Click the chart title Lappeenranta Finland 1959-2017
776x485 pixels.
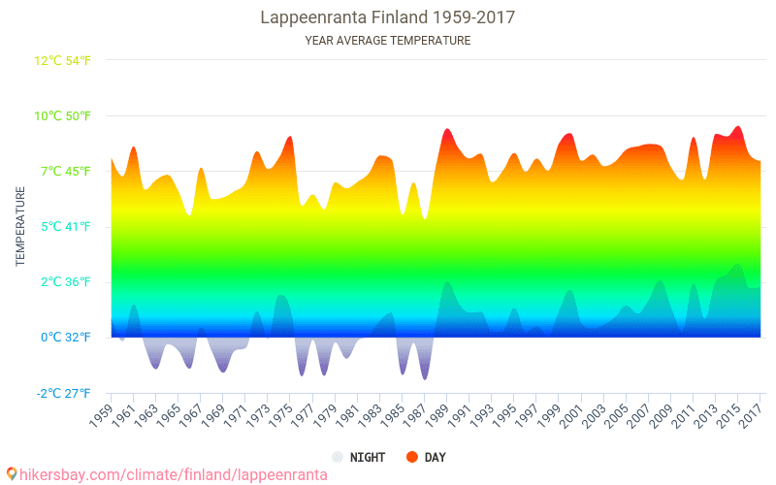tap(388, 17)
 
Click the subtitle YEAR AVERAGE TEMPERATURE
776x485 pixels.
tap(388, 41)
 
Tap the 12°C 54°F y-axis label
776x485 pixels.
tap(63, 60)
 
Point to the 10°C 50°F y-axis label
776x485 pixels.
tap(63, 116)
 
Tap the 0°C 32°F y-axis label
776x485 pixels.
tap(66, 338)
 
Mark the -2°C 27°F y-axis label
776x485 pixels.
tap(64, 393)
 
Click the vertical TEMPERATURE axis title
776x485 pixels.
tap(20, 227)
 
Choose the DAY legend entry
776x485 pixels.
tap(435, 457)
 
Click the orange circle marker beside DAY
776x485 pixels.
tap(411, 457)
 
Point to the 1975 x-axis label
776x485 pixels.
tap(276, 415)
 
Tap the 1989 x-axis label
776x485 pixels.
tap(432, 415)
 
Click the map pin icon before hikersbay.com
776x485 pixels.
tap(12, 474)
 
